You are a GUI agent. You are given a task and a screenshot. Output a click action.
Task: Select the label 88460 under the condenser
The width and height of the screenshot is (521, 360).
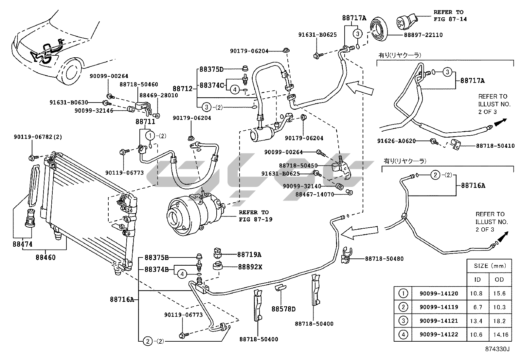pyautogui.click(x=45, y=257)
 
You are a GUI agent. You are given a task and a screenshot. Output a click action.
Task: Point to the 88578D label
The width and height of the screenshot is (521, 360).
pyautogui.click(x=283, y=309)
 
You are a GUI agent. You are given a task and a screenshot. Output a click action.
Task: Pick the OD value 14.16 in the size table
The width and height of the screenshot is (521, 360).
pyautogui.click(x=500, y=334)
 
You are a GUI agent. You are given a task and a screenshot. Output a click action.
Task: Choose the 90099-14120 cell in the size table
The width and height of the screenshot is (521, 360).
pyautogui.click(x=439, y=294)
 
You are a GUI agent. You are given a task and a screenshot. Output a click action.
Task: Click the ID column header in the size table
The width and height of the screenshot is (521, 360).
pyautogui.click(x=478, y=279)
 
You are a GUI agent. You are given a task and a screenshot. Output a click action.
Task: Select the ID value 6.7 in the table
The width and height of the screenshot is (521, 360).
pyautogui.click(x=478, y=307)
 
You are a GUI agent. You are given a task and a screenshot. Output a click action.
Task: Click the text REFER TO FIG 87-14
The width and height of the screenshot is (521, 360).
pyautogui.click(x=450, y=15)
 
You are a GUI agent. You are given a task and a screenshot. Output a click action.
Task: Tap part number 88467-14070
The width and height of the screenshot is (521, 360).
pyautogui.click(x=314, y=194)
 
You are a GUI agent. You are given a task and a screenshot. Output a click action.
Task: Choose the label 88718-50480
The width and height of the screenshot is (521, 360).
pyautogui.click(x=384, y=259)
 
